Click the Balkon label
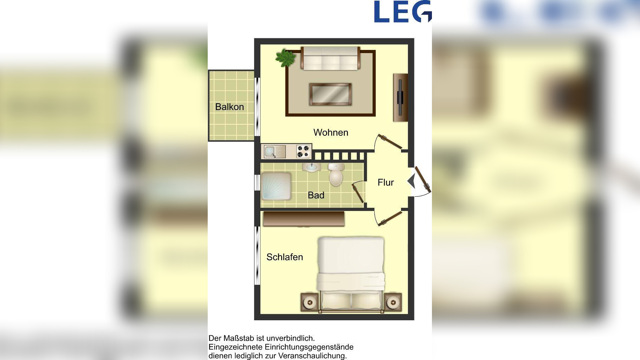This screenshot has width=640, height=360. (230, 107)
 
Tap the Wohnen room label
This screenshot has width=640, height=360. (331, 133)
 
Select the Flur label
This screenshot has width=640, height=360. (386, 182)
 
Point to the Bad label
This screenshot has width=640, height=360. (316, 195)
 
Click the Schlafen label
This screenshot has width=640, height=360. (285, 257)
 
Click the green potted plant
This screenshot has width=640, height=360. (285, 58)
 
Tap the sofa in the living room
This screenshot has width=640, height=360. (330, 58)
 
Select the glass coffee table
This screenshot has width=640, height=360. (330, 94)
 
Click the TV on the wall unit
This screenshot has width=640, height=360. (400, 97)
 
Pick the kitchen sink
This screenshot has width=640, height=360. (275, 152)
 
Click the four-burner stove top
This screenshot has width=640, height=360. (303, 152)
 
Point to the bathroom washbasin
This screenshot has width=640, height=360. (311, 167)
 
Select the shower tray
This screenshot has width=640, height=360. (276, 186)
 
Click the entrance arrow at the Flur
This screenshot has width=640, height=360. (411, 181)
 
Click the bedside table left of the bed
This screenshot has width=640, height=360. (310, 302)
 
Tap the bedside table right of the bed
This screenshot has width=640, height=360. (393, 302)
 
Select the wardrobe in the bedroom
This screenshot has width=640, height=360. (304, 219)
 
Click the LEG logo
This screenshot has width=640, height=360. (403, 12)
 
